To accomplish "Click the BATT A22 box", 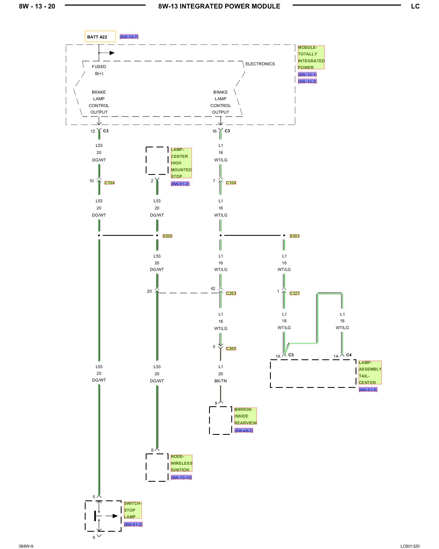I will (100, 37).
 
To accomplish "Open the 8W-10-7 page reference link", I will (129, 37).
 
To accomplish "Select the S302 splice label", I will (167, 236).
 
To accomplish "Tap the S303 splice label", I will (294, 236).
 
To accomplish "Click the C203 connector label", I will (231, 293).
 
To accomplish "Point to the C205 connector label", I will (231, 349).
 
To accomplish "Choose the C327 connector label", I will (295, 293).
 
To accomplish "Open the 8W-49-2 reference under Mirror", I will (244, 431).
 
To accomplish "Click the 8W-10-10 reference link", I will (181, 478).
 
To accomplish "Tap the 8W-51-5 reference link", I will (368, 390).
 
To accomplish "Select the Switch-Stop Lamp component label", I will (133, 510).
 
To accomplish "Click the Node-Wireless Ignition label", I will (181, 463).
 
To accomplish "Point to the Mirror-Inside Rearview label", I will (245, 416).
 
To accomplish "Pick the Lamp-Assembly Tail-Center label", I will (370, 372).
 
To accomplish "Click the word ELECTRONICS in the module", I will (260, 64).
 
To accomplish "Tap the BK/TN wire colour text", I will (221, 381).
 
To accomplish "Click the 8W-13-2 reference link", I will (307, 82).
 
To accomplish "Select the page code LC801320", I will (410, 546).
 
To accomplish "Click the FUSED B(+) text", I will (99, 70).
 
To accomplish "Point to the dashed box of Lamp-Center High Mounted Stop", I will (157, 161).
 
